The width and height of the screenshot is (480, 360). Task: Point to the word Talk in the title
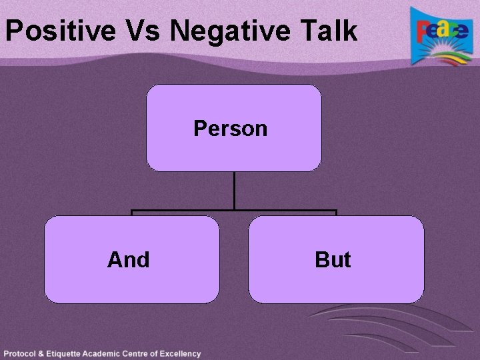point(330,31)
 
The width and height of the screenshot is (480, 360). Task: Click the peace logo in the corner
point(440,36)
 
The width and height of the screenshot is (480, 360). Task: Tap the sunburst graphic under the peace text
point(443,52)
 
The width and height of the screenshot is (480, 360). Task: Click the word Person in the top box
point(230,128)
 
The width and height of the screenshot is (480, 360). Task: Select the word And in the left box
point(128,259)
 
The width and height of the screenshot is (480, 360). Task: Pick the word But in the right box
point(333,259)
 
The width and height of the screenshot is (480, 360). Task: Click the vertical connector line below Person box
point(234,191)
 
